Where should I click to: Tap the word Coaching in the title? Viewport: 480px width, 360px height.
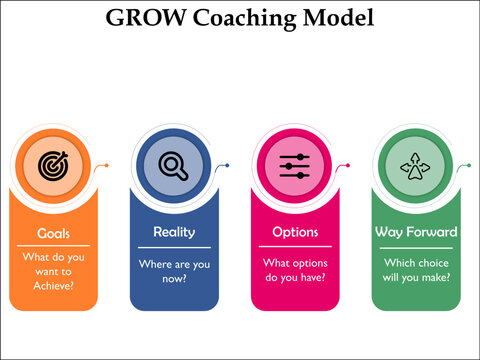tap(247, 17)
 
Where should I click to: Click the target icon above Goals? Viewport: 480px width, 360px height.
tap(52, 165)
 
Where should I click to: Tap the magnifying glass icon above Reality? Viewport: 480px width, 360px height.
tap(173, 165)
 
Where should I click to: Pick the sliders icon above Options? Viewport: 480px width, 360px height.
tap(294, 165)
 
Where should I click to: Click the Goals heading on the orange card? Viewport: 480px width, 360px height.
tap(53, 233)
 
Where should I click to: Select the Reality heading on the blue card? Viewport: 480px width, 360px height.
tap(173, 232)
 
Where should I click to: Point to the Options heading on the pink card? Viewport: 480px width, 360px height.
tap(295, 232)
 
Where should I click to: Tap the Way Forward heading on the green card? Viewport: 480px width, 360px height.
tap(416, 232)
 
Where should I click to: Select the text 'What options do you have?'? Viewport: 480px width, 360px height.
tap(295, 270)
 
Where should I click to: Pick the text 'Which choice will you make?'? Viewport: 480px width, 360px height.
tap(416, 270)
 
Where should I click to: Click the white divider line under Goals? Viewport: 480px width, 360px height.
tap(53, 246)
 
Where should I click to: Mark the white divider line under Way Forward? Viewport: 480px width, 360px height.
tap(416, 246)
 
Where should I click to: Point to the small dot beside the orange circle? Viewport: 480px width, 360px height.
tap(106, 164)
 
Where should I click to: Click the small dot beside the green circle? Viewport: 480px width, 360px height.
tap(469, 164)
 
